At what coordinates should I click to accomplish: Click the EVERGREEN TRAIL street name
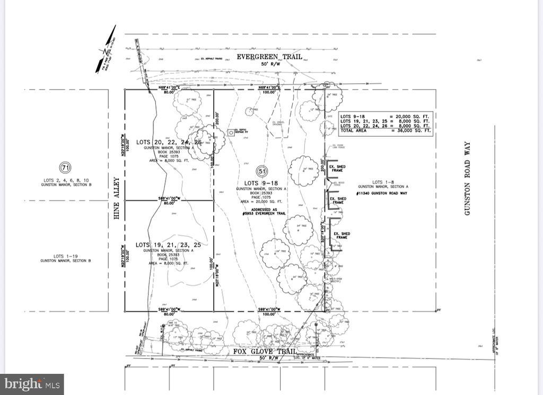(x=269, y=56)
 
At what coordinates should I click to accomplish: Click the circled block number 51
(x=261, y=171)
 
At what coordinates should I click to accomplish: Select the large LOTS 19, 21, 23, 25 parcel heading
(x=169, y=244)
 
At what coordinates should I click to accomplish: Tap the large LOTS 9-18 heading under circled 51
(x=261, y=183)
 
